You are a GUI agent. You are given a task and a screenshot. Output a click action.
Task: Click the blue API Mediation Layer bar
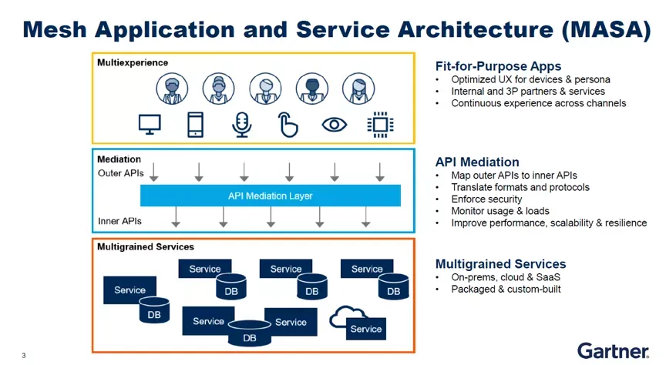270,196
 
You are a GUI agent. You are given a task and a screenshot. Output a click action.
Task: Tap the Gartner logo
613,350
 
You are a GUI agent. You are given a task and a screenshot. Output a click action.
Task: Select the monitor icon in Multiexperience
150,124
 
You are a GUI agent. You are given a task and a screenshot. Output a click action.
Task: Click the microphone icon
242,125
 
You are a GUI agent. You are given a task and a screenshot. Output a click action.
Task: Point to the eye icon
334,124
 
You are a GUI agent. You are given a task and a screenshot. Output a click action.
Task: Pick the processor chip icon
379,124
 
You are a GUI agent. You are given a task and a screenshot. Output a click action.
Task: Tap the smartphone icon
196,125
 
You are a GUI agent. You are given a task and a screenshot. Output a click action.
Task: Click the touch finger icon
288,125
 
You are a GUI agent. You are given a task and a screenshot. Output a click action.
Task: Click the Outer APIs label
120,173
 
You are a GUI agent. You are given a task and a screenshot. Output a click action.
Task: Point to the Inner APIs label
119,221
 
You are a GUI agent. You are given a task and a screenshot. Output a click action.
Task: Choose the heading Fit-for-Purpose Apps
498,66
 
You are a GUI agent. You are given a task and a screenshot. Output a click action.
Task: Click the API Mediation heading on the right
477,162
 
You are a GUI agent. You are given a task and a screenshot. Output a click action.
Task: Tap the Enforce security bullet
486,199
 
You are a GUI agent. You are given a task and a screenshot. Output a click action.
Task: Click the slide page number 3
24,355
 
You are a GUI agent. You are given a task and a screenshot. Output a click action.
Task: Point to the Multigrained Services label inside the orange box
146,247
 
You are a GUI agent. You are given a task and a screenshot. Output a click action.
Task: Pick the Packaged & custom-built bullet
506,289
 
